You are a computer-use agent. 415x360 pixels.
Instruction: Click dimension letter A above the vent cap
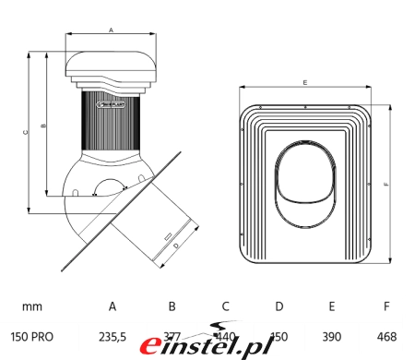coord(112,30)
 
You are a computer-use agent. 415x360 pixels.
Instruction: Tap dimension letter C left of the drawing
coord(25,132)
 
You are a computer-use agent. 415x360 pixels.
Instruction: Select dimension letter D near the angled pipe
coord(175,246)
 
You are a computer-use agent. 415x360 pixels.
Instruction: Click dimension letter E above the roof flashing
coord(303,83)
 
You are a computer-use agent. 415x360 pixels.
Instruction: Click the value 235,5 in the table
coord(113,337)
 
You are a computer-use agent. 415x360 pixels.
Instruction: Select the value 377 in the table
coord(171,337)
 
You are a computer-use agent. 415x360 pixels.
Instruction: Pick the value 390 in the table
coord(331,337)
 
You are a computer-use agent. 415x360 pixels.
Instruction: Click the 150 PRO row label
coord(32,337)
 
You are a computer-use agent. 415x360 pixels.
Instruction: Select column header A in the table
coord(113,306)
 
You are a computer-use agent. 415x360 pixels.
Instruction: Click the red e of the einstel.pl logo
coord(152,346)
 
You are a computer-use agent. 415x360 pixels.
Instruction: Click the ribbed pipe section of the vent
coord(111,120)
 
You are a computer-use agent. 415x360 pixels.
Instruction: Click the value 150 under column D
coord(279,337)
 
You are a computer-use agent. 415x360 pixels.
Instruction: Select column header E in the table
coord(332,306)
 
